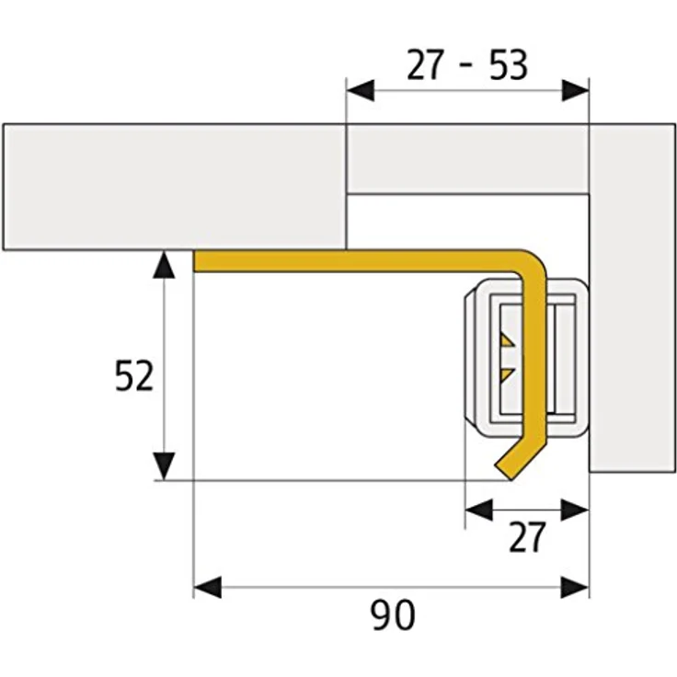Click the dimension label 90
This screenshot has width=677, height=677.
(x=394, y=615)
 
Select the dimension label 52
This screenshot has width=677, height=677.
(x=134, y=377)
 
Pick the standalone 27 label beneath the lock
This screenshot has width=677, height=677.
(x=528, y=538)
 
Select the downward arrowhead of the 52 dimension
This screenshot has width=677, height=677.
(x=164, y=465)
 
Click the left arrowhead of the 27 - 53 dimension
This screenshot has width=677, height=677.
(x=360, y=90)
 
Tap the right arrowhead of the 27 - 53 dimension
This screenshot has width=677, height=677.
(x=575, y=90)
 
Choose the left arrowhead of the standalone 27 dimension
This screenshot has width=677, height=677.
(x=478, y=508)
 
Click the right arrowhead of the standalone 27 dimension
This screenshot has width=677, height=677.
(x=576, y=508)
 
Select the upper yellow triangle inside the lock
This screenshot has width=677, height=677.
(x=507, y=341)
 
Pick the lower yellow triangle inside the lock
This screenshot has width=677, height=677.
(x=507, y=373)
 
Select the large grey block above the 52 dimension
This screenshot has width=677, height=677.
(x=174, y=187)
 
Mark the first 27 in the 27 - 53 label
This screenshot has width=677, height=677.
(x=424, y=65)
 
